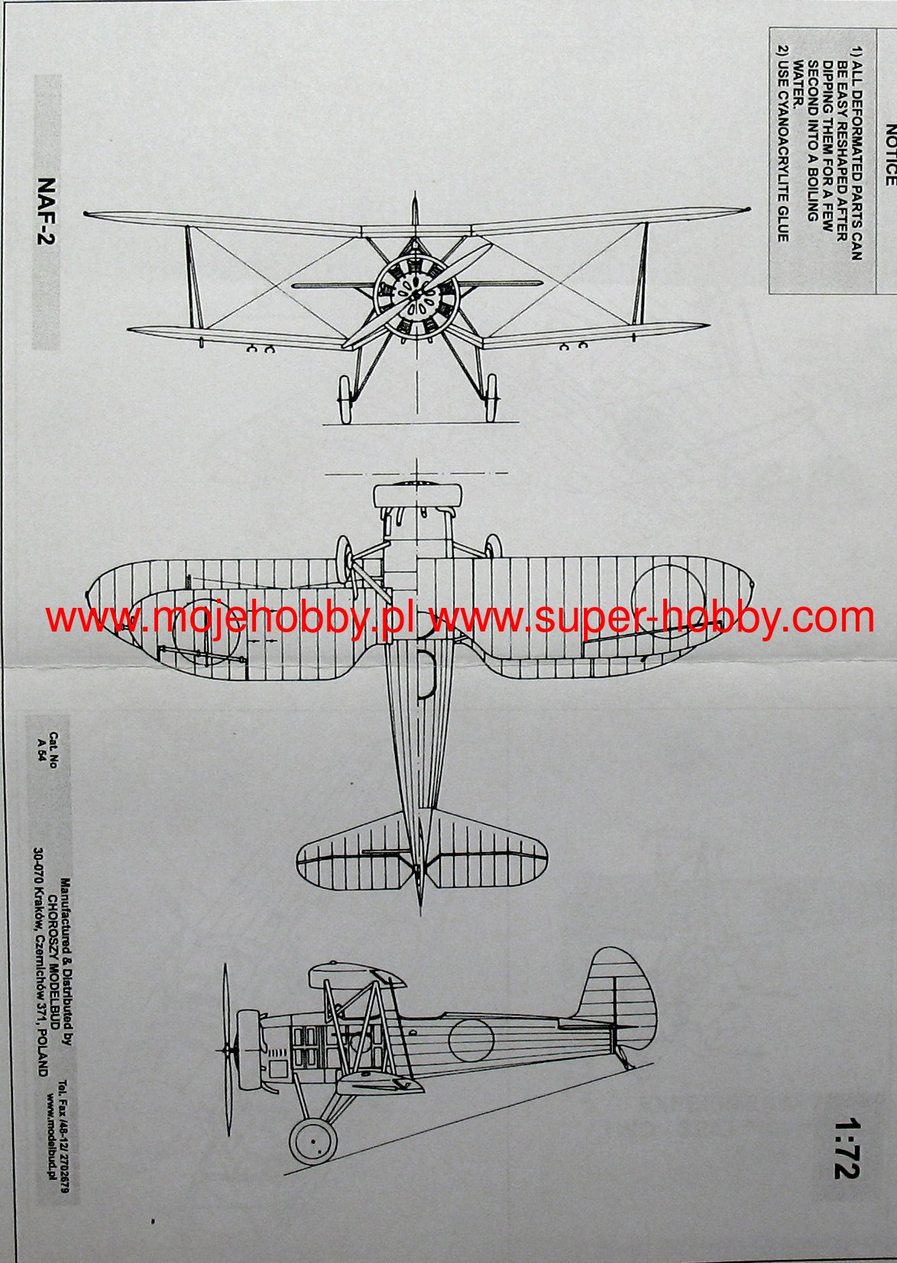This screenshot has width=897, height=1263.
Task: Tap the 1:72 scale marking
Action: pyautogui.click(x=847, y=1148)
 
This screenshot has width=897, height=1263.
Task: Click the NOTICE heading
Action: pyautogui.click(x=889, y=156)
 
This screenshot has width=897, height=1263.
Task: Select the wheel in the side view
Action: pyautogui.click(x=312, y=1142)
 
